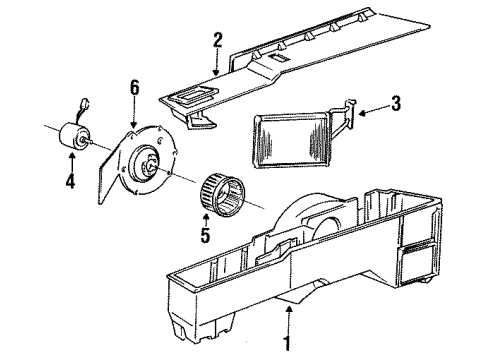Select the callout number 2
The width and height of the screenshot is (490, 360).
(x=216, y=41)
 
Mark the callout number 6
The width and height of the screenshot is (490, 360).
(x=133, y=89)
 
